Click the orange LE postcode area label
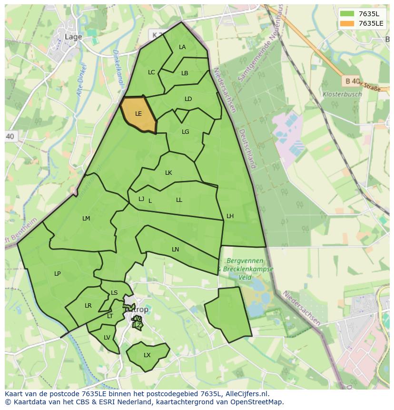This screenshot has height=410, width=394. (x=138, y=114)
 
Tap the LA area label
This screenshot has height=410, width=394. (x=182, y=47)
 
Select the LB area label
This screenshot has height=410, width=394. (x=185, y=73)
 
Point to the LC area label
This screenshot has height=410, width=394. (x=151, y=72)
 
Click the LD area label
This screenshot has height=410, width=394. (x=188, y=99)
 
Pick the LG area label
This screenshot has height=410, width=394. (x=185, y=132)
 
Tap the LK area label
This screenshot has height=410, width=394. (x=168, y=173)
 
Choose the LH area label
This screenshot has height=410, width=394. (x=230, y=216)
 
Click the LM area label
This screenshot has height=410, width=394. (x=86, y=219)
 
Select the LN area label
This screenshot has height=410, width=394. (x=175, y=250)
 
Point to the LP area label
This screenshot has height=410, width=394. (x=57, y=274)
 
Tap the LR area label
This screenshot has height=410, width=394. (x=88, y=306)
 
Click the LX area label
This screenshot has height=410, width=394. (x=147, y=355)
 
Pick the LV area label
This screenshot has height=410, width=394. (x=107, y=338)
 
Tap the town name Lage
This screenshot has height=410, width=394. (x=73, y=37)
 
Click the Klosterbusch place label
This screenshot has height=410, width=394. (x=342, y=94)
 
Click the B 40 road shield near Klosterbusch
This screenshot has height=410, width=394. (x=352, y=81)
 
